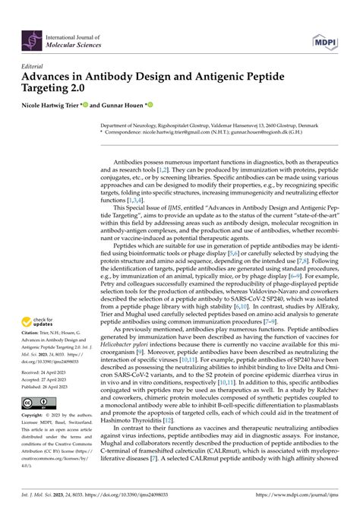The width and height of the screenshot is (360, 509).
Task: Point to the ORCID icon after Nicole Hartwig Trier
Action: [84, 105]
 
